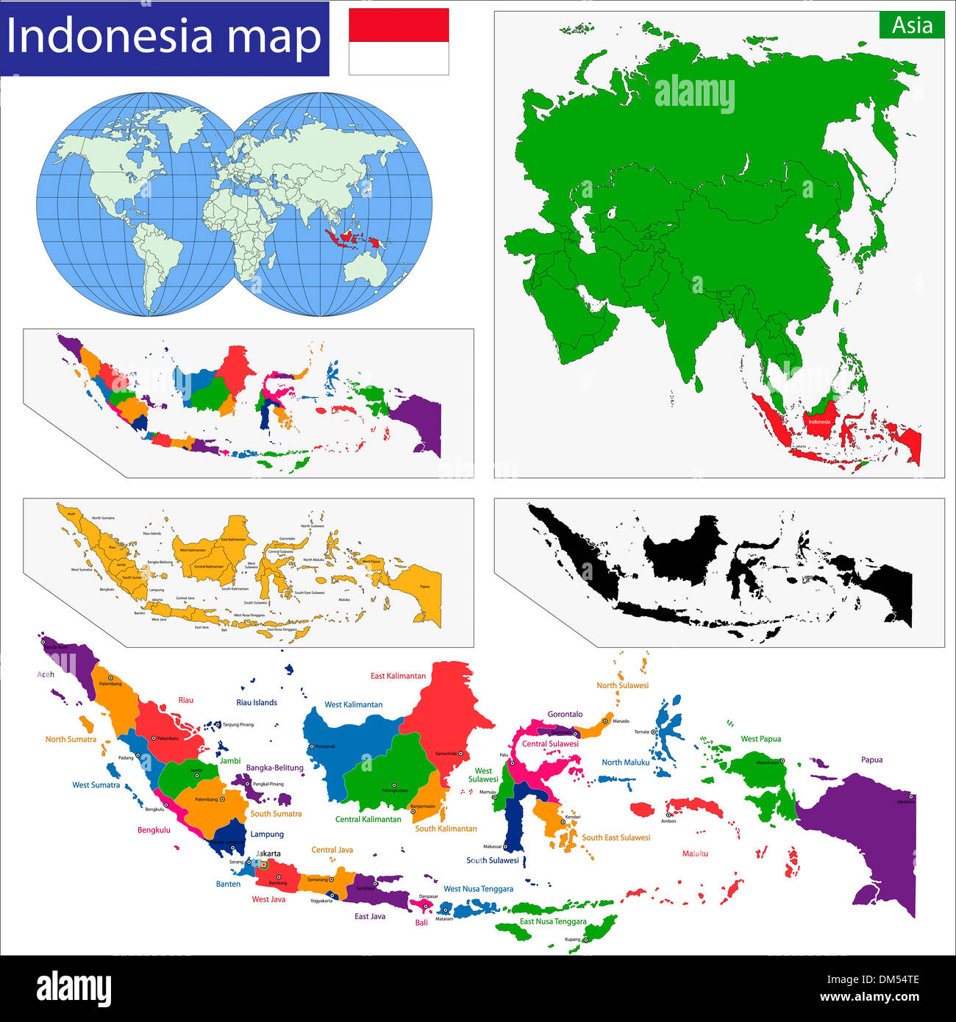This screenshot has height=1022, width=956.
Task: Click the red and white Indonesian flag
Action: point(399,41)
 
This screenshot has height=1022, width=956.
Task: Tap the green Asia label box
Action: point(912,25)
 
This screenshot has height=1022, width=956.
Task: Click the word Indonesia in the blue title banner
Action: point(110,37)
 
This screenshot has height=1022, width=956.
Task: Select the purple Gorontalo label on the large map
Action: point(565,714)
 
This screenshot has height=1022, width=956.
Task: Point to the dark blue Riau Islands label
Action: point(257,702)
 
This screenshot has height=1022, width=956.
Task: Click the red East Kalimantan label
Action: point(398,676)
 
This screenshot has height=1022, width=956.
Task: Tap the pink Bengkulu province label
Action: point(154,830)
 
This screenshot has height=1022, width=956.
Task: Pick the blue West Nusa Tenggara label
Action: point(478,889)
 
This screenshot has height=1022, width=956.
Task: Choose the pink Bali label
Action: point(421,923)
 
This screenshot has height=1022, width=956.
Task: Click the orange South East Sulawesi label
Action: point(616,837)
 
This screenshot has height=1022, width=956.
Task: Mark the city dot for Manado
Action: point(605,721)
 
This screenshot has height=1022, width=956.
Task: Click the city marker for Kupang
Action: point(586,940)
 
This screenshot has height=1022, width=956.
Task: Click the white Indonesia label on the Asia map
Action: point(818,422)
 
